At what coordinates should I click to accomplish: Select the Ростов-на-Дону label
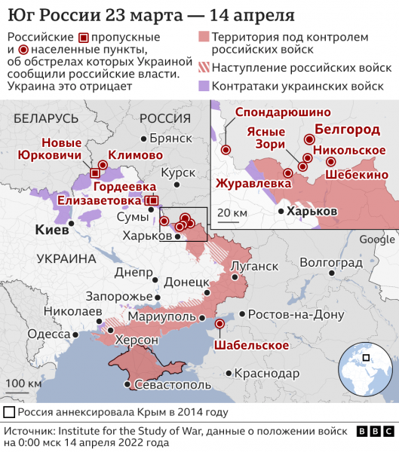286,314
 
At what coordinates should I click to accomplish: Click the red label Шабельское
251,345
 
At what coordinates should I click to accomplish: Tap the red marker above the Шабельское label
219,324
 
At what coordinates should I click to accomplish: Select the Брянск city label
172,139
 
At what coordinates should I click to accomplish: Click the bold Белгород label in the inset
347,130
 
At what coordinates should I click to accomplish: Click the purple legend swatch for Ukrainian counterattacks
203,87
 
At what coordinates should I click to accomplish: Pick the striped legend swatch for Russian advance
203,68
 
